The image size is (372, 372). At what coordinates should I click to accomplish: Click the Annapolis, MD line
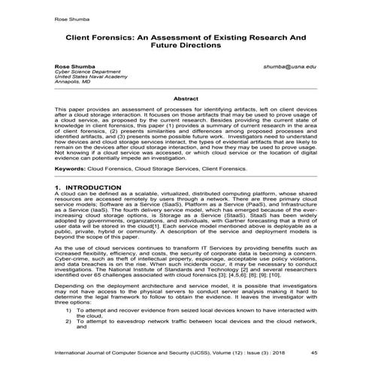71,85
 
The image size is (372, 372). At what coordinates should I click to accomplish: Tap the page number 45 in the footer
313,352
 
